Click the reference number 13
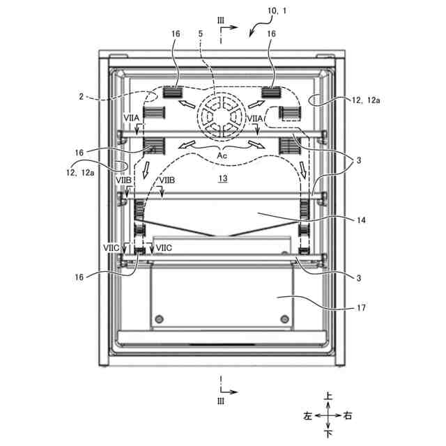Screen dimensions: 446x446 point(223,179)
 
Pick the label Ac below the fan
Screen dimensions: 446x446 point(222,155)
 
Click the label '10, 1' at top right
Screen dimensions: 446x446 point(279,12)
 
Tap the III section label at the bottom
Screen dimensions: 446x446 point(222,401)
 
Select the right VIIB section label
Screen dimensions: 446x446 point(167,181)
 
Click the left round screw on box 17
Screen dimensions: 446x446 point(161,319)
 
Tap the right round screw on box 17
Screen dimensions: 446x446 point(284,319)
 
